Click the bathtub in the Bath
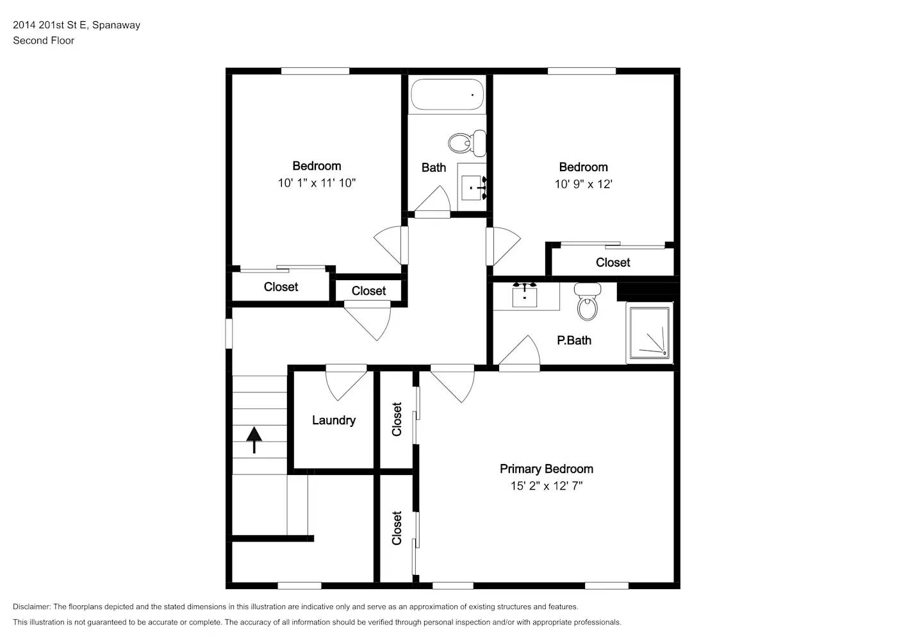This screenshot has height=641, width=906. (447, 95)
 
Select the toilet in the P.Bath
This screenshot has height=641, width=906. (587, 301)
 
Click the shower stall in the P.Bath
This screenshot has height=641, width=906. (649, 332)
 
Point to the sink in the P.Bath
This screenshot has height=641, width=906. (525, 296)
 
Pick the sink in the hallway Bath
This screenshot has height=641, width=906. (473, 187)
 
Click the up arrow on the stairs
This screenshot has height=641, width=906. (254, 439)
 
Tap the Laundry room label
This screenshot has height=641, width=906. (333, 420)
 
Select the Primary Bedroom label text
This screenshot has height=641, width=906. (546, 469)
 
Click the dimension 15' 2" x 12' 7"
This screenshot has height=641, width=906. (546, 486)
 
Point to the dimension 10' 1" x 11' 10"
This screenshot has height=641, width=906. (317, 183)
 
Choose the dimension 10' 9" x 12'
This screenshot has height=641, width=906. (583, 185)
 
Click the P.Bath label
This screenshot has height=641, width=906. (573, 340)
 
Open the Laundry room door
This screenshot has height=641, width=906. (346, 383)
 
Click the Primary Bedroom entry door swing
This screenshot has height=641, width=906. (453, 383)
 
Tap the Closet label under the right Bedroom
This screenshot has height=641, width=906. (613, 263)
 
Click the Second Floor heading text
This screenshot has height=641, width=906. (44, 40)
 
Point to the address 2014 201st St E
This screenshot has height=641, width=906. (50, 25)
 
